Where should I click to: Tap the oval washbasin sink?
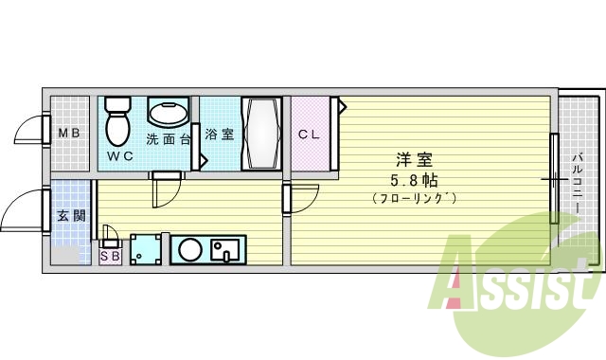[x=168, y=114]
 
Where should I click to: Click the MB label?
[x=68, y=134]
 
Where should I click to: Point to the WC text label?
[x=118, y=154]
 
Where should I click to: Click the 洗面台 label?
[x=168, y=139]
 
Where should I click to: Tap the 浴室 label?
[x=219, y=134]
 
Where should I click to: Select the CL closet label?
[x=310, y=134]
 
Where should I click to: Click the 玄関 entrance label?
[x=68, y=215]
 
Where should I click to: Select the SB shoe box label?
[x=109, y=255]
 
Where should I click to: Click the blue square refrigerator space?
[x=146, y=250]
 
